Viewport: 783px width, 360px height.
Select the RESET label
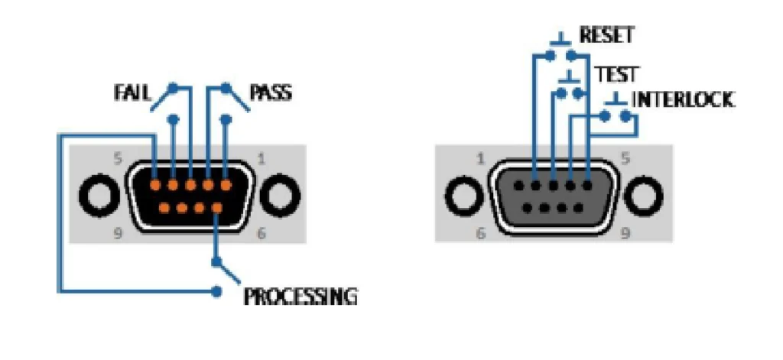pos(606,35)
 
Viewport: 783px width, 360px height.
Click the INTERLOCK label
pos(683,100)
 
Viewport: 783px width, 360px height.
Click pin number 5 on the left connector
pos(155,184)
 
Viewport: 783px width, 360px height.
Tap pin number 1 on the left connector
pos(226,184)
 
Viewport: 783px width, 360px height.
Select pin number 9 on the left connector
pos(164,206)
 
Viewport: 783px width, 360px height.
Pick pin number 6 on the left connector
pos(217,206)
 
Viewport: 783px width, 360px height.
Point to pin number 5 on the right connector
pos(587,184)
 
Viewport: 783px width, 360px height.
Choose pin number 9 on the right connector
pos(579,206)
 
